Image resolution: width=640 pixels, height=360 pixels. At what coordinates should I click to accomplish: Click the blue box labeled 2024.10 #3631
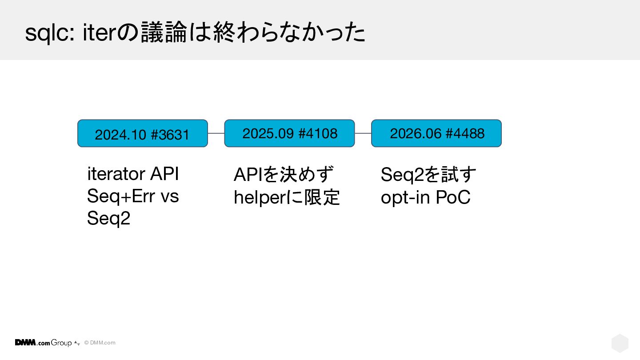click(x=143, y=133)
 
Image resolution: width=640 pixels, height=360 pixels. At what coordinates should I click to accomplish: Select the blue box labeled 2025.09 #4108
click(x=289, y=133)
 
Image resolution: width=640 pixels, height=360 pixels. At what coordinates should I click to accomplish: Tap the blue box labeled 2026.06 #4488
click(x=436, y=133)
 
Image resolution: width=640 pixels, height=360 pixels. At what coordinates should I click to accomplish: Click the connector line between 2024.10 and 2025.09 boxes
click(x=216, y=133)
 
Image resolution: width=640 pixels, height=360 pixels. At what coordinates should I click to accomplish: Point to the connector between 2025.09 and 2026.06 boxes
click(x=363, y=133)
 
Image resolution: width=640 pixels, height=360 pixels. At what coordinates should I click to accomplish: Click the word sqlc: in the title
click(x=50, y=33)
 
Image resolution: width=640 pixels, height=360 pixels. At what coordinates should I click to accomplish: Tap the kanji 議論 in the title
click(x=164, y=32)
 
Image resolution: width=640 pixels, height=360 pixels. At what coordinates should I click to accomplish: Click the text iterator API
click(x=133, y=174)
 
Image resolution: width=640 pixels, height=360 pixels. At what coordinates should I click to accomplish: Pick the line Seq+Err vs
click(x=133, y=196)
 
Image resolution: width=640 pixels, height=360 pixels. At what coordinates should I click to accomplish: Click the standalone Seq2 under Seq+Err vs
click(x=108, y=218)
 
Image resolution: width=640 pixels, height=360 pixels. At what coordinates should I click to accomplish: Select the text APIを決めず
click(x=284, y=174)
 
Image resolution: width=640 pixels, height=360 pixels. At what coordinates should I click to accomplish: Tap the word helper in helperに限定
click(x=260, y=197)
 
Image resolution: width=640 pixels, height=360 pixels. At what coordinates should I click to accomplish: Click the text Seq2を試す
click(x=428, y=174)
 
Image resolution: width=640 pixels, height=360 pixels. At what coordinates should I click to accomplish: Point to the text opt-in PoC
click(x=425, y=197)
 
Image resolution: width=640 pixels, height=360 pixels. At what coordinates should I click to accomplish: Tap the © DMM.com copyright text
click(x=100, y=343)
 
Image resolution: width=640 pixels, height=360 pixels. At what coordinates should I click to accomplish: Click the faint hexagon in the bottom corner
click(x=620, y=343)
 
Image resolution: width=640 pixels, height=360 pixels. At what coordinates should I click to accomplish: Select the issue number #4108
click(x=317, y=134)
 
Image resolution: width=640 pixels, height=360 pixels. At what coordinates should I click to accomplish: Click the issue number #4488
click(x=465, y=134)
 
